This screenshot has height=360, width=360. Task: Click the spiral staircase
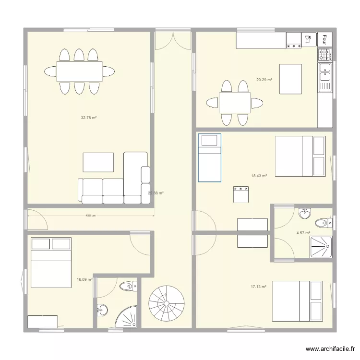coord(167,303)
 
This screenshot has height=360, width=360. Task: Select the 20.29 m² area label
coord(264,80)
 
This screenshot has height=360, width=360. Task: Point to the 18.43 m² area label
coord(259,176)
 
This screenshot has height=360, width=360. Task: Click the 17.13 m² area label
coord(258,287)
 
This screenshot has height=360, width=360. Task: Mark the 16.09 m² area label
coord(84,279)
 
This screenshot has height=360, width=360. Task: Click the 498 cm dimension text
coord(91,216)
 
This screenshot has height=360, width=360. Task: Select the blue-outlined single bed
coord(209,157)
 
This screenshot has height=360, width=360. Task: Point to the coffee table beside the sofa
coord(98,162)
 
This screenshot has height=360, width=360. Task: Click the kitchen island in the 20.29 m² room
coord(291,79)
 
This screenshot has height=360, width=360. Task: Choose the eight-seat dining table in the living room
coord(79,72)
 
